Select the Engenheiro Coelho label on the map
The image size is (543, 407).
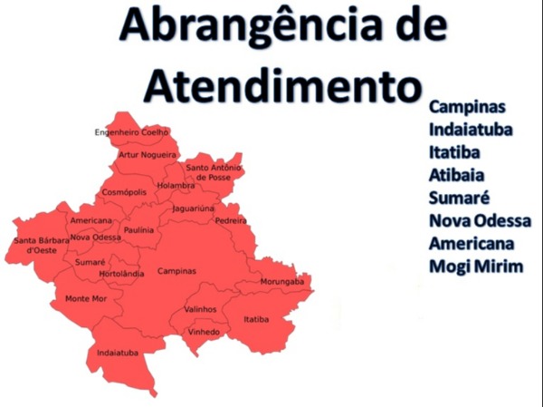click(131, 132)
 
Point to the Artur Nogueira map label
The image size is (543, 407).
click(148, 155)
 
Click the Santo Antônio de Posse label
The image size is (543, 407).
click(214, 172)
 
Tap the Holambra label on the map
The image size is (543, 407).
click(176, 186)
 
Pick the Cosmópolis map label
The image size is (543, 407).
click(124, 192)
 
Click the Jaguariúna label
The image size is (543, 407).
click(194, 208)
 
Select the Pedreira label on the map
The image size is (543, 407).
click(231, 220)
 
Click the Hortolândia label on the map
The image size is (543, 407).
click(121, 273)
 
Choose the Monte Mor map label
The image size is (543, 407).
click(86, 298)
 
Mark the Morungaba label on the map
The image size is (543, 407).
click(282, 282)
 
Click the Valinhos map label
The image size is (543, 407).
click(200, 309)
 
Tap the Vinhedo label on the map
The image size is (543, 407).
click(203, 332)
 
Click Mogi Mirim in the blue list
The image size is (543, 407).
click(472, 267)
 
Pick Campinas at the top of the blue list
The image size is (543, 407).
click(466, 106)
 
